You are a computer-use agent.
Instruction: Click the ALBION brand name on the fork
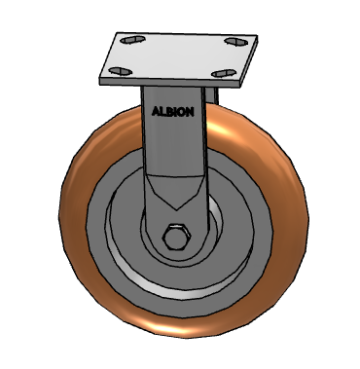pyautogui.click(x=173, y=111)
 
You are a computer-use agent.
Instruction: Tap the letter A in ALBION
pyautogui.click(x=155, y=111)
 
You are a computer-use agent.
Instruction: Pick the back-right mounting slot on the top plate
pyautogui.click(x=234, y=41)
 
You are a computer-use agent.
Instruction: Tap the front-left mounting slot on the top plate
pyautogui.click(x=121, y=70)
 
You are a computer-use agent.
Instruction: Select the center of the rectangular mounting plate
pyautogui.click(x=177, y=55)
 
